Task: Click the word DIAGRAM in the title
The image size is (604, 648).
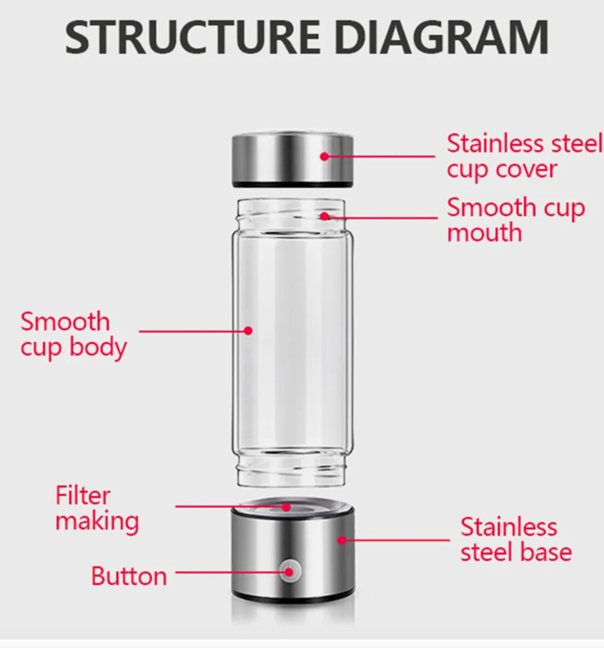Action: pyautogui.click(x=443, y=37)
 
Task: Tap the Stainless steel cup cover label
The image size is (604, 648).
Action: pyautogui.click(x=524, y=156)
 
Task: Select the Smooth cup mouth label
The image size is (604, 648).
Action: pyautogui.click(x=516, y=220)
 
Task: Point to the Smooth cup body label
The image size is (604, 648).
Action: pyautogui.click(x=73, y=334)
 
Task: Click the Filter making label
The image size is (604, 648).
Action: pyautogui.click(x=97, y=508)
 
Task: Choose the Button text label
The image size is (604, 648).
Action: pyautogui.click(x=129, y=576)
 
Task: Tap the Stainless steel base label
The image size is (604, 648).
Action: pyautogui.click(x=516, y=539)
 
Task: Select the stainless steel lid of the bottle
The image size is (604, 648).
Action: pyautogui.click(x=292, y=159)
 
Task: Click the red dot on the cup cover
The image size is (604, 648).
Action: pyautogui.click(x=324, y=156)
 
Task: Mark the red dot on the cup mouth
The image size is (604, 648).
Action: pyautogui.click(x=324, y=216)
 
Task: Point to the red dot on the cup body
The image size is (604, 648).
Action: pyautogui.click(x=248, y=331)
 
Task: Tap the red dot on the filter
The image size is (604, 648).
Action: pyautogui.click(x=286, y=507)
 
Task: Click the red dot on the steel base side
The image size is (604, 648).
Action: pyautogui.click(x=342, y=540)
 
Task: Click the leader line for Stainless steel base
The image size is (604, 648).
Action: pyautogui.click(x=396, y=540)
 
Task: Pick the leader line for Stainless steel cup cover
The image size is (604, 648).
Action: pyautogui.click(x=380, y=156)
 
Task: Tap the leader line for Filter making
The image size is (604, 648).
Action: pyautogui.click(x=230, y=507)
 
